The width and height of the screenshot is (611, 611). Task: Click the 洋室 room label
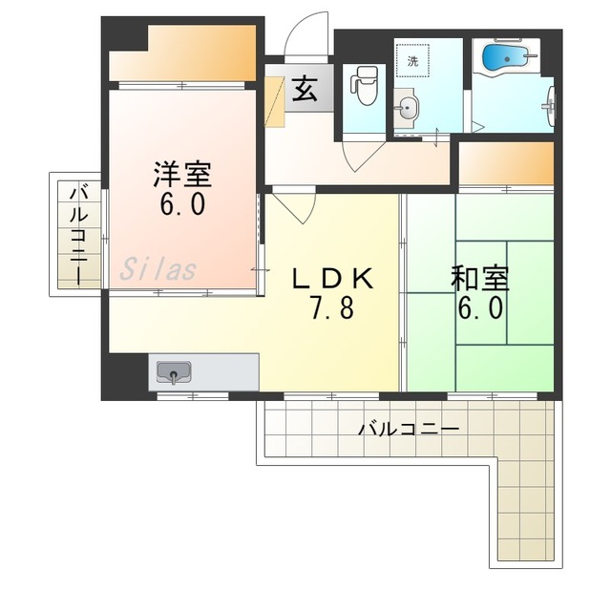[182, 175]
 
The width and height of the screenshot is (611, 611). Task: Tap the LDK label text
[332, 278]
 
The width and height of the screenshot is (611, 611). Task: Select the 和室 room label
[480, 278]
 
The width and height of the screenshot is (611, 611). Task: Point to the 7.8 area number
[332, 306]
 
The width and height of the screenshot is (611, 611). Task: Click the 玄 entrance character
[305, 89]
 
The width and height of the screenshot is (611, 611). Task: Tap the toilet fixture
[365, 85]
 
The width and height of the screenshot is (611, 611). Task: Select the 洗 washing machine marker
[412, 61]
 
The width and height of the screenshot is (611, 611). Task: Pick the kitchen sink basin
[174, 373]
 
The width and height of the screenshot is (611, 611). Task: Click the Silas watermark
[158, 270]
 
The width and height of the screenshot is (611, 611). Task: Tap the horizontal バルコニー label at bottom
[409, 430]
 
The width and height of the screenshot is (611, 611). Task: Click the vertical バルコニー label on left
[79, 235]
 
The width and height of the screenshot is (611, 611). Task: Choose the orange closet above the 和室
[506, 163]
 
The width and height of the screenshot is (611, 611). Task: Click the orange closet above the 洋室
[182, 53]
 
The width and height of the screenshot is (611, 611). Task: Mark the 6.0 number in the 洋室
[182, 203]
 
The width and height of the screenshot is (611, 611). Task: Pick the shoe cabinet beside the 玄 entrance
[275, 101]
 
